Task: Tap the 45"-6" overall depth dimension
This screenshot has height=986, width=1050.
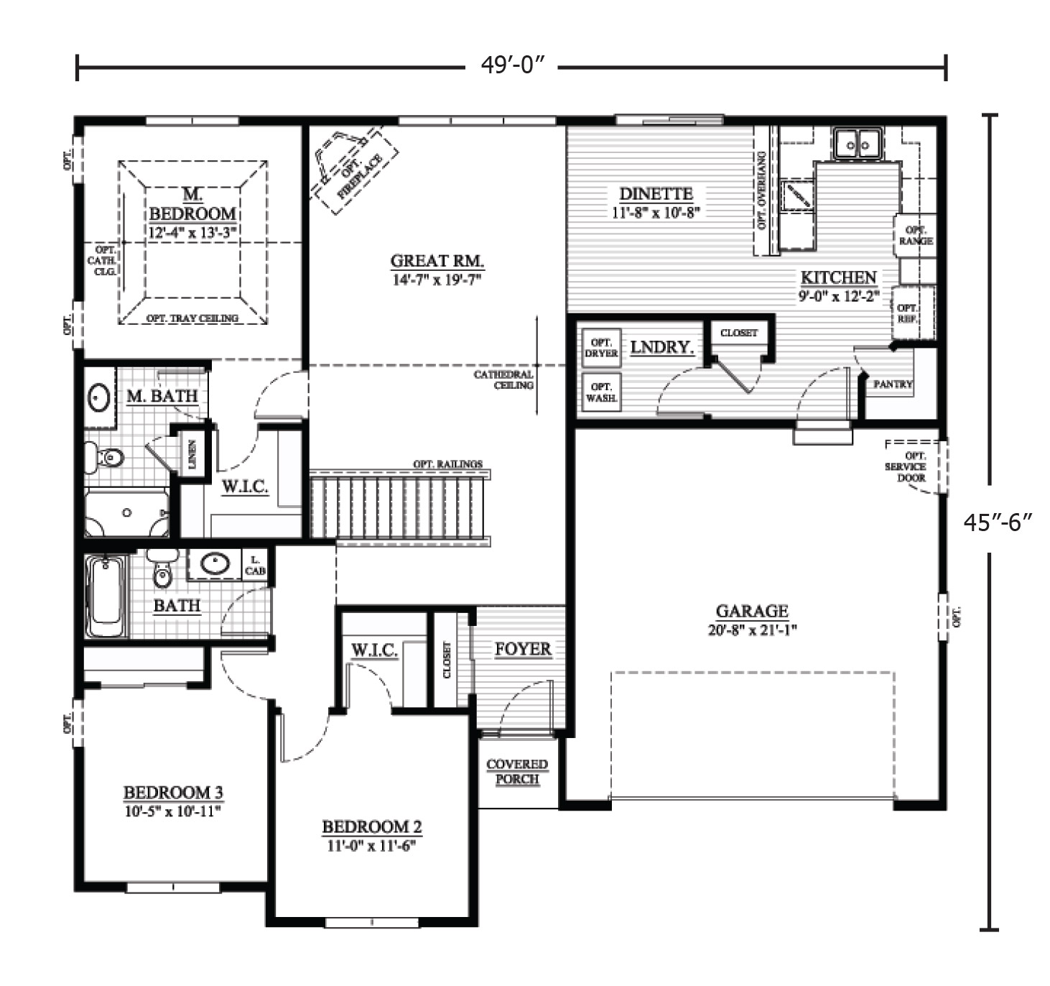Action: pos(998,522)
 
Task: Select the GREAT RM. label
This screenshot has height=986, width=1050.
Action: pos(437,261)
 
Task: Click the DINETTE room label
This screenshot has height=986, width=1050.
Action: pos(656,194)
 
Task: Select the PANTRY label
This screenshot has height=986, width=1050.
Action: pos(893,384)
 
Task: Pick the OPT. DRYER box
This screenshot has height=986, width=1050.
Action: pos(601,348)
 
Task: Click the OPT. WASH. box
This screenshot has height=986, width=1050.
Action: pos(601,392)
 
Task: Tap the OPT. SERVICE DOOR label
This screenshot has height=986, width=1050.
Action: pos(906,466)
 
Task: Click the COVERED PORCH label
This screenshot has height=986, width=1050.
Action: pos(517,771)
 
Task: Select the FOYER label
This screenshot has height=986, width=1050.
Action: pos(523,649)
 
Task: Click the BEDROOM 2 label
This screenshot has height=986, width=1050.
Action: pos(371,827)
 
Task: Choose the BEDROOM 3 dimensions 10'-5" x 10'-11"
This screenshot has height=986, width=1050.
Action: pos(173,811)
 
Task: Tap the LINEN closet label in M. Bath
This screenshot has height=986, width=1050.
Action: pos(192,454)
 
